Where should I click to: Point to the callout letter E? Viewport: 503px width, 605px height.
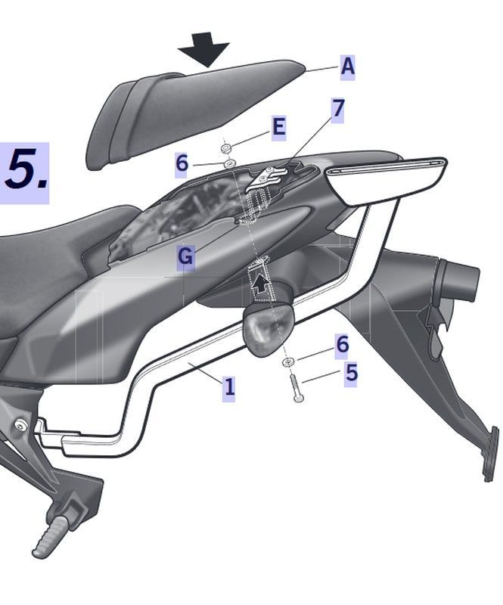[278, 127]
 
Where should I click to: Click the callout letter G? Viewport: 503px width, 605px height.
[185, 256]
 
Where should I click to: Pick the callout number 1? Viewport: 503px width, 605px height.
[229, 386]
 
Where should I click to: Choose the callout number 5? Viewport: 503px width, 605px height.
[351, 373]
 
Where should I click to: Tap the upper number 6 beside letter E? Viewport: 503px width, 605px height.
[182, 163]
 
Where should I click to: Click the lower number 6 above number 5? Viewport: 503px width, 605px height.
[342, 344]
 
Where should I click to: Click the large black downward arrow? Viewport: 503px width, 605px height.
[204, 49]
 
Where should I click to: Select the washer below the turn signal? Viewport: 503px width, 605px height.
[288, 362]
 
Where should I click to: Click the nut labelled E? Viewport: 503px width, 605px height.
[226, 147]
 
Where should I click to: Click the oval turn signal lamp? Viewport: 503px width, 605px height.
[268, 327]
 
